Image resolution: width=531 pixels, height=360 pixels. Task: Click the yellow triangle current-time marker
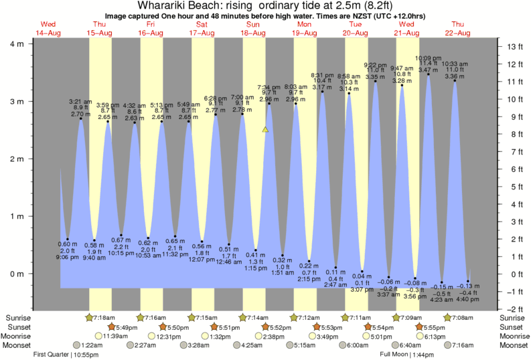pos(266,129)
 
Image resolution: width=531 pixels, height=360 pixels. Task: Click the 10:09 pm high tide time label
pos(428,58)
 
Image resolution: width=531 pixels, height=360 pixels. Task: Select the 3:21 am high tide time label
pos(80,101)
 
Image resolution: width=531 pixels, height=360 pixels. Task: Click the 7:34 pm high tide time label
pos(269,87)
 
